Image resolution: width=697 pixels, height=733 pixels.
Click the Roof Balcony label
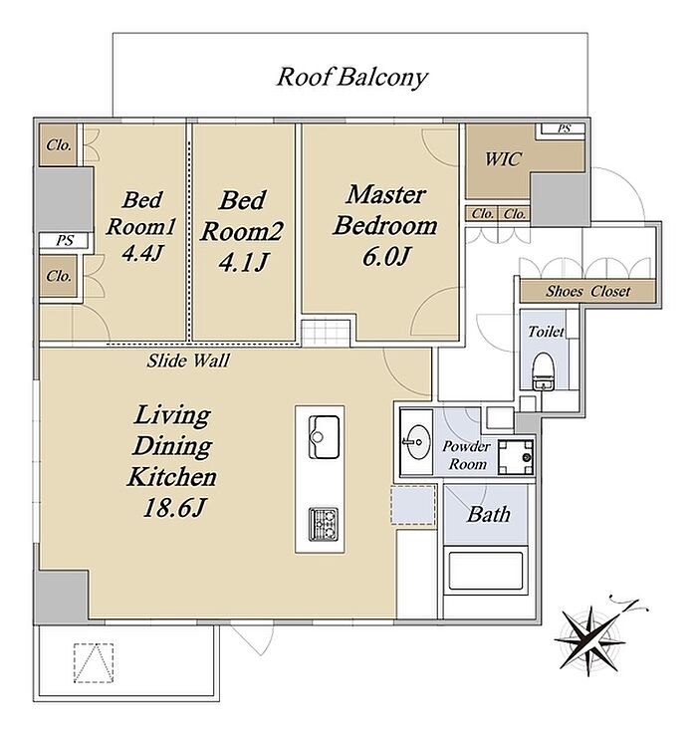click(x=351, y=78)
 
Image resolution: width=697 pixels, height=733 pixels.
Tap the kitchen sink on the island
click(x=324, y=437)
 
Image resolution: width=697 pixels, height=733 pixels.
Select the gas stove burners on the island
click(x=324, y=525)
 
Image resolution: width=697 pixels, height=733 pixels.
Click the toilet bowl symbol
click(x=544, y=371)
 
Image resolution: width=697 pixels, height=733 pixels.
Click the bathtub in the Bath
click(x=486, y=572)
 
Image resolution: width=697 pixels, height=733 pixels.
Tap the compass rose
click(x=593, y=638)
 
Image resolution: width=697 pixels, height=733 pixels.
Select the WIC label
click(x=502, y=159)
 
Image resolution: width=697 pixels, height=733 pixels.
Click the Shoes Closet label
click(x=588, y=292)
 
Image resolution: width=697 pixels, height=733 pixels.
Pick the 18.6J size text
click(x=174, y=508)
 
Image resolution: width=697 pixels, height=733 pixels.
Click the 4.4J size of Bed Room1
click(x=142, y=253)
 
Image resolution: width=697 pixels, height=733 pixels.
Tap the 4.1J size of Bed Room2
click(x=243, y=262)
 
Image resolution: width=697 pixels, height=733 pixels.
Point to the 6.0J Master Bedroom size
click(x=386, y=257)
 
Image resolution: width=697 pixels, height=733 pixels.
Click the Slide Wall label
click(x=188, y=361)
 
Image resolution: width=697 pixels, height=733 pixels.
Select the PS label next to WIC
click(x=564, y=128)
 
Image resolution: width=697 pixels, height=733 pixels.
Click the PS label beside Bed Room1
click(x=65, y=241)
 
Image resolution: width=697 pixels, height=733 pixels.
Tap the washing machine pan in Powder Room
click(x=515, y=457)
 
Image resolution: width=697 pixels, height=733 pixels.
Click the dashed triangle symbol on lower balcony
click(x=94, y=663)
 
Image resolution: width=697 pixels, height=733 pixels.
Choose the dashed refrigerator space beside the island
click(x=413, y=505)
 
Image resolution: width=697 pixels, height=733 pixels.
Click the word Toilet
click(x=546, y=332)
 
